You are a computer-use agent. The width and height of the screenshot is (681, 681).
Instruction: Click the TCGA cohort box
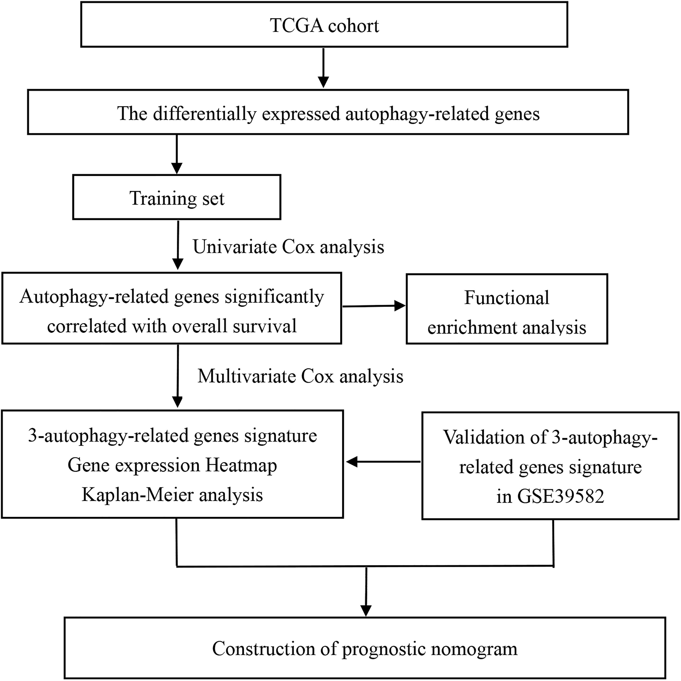coord(324,24)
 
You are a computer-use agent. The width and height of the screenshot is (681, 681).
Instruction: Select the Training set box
coord(177,197)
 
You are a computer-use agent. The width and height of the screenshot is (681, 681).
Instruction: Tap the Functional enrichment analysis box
coord(507,309)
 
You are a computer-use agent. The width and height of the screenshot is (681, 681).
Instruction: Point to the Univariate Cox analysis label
coord(288,246)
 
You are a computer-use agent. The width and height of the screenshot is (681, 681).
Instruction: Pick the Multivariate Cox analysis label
coord(300,376)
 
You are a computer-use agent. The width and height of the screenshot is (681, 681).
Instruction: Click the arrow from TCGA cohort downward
coord(323,68)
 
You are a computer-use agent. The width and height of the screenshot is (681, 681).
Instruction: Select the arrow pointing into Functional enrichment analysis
coord(374,306)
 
